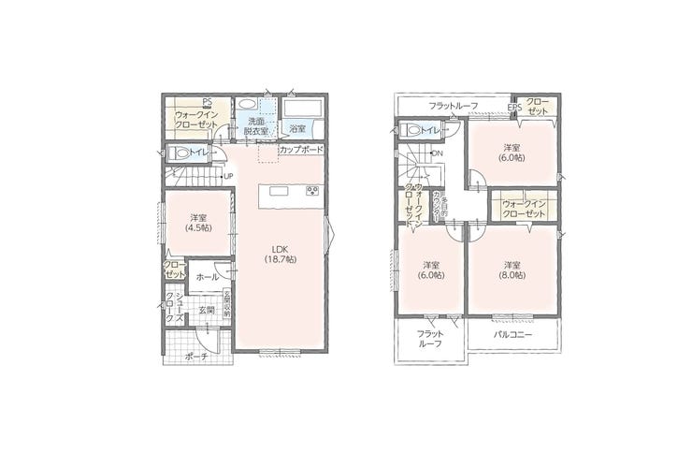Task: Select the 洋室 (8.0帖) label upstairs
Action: click(x=512, y=270)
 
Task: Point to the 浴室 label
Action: click(x=297, y=129)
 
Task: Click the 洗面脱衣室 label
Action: click(x=256, y=127)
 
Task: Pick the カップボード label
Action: click(x=301, y=150)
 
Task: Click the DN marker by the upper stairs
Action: click(x=437, y=153)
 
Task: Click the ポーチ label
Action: click(x=195, y=357)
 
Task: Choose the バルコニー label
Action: click(x=513, y=333)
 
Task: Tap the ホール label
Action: click(x=209, y=277)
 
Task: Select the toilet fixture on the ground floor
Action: click(x=178, y=153)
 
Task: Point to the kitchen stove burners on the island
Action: click(x=311, y=192)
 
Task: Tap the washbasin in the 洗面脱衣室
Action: click(x=249, y=105)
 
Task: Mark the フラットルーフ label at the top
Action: click(x=454, y=106)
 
